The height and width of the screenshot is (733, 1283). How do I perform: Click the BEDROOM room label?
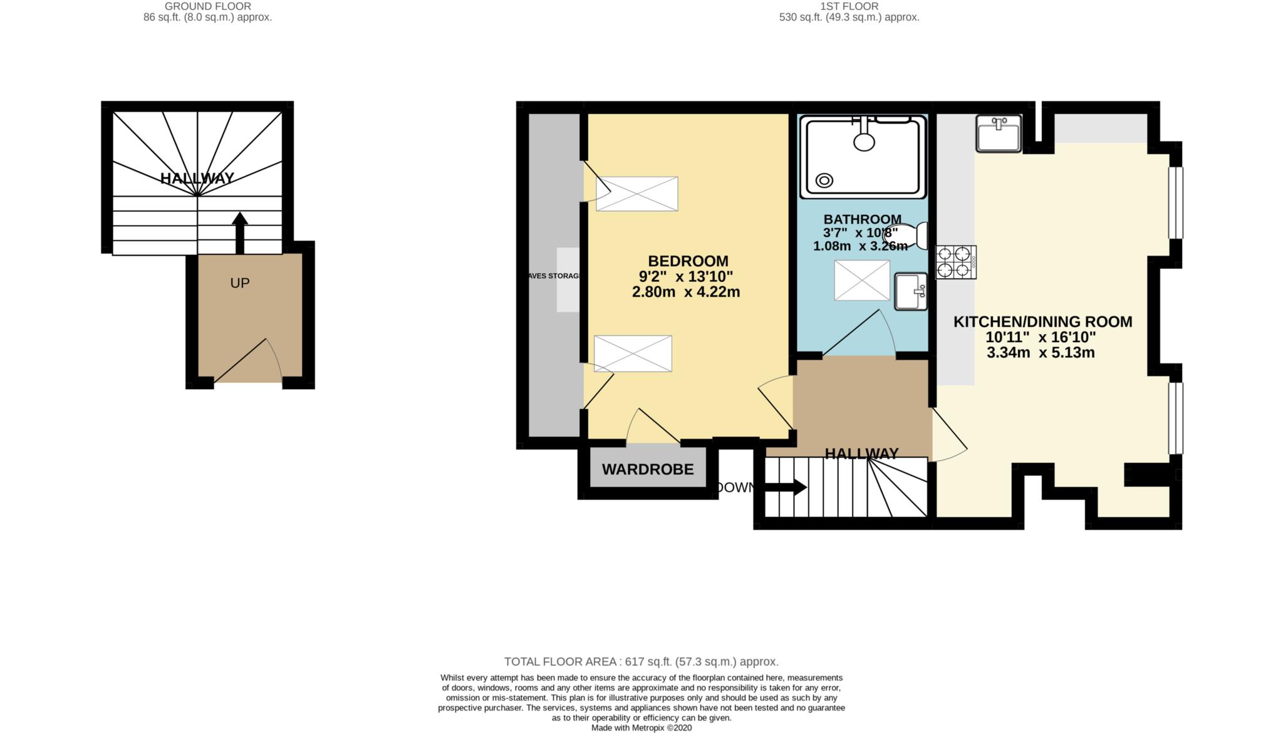point(688,261)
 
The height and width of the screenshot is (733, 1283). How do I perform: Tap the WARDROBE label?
point(648,469)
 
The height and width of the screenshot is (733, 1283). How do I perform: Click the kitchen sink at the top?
point(999,133)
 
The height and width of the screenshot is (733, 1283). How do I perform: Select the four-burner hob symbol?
point(956,262)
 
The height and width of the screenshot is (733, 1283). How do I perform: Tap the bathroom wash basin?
point(911,291)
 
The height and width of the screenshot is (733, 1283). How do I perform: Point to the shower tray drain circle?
point(824,181)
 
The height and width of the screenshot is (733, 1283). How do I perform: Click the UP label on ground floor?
point(240,283)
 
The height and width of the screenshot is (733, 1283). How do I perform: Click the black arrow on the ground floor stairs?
point(239,232)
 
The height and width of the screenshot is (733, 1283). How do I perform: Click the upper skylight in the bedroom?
point(636,194)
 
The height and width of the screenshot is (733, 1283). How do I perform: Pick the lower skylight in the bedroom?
point(633,353)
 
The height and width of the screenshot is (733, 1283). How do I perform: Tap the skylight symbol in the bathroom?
point(861,280)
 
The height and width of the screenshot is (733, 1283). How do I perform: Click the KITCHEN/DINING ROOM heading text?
point(1042,321)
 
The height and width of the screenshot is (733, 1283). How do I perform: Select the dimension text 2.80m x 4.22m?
point(686,292)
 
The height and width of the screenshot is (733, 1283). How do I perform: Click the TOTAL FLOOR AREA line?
point(641,662)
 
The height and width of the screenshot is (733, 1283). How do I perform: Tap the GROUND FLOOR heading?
point(207,6)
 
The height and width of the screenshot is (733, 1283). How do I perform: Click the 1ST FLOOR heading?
point(849,6)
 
